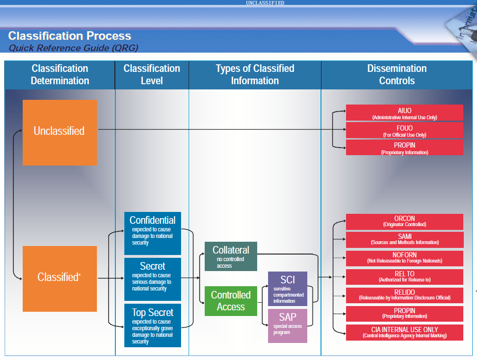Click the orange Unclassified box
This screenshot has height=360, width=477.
[x=60, y=132]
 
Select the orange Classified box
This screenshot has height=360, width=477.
[x=60, y=279]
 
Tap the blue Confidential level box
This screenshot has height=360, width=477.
[x=152, y=233]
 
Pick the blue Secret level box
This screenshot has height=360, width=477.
[x=152, y=279]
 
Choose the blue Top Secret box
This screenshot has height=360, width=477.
[x=152, y=326]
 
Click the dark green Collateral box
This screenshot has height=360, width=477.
[x=231, y=256]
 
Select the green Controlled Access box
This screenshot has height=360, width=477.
[x=231, y=301]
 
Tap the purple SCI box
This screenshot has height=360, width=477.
[x=287, y=289]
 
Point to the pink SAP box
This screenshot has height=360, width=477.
[x=287, y=325]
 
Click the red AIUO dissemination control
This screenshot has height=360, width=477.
[x=404, y=113]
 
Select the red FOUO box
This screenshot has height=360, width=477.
[x=404, y=131]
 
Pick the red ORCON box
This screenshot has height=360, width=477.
[x=404, y=221]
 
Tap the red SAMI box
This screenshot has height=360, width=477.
[x=404, y=239]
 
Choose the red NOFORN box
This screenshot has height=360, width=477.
[x=404, y=258]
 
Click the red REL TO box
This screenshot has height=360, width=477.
[x=404, y=277]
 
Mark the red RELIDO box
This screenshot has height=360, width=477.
[x=404, y=295]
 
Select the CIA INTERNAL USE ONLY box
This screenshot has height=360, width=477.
[x=404, y=332]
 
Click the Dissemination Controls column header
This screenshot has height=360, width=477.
[x=397, y=75]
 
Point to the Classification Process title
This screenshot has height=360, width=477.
[x=69, y=36]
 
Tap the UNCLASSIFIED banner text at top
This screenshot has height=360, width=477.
[x=265, y=3]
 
